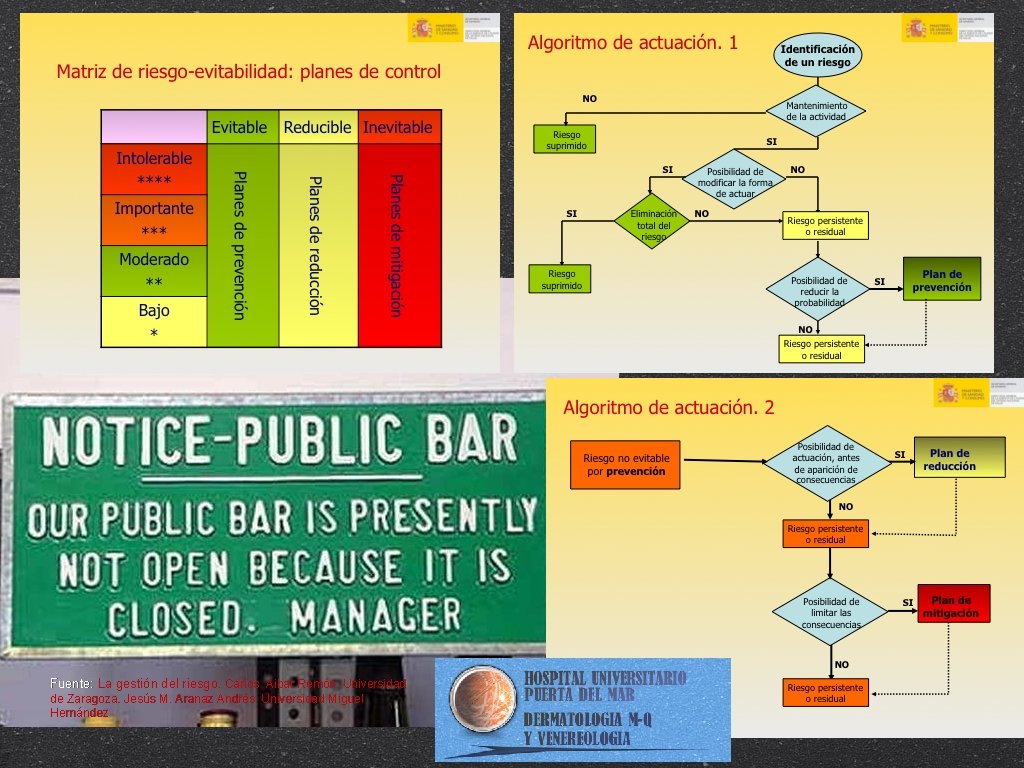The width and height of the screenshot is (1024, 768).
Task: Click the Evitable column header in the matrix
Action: coord(240,128)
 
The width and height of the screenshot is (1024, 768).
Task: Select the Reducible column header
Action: coord(317,128)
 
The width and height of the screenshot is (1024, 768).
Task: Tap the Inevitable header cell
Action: coord(398,128)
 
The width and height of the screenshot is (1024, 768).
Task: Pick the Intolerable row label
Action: coord(154,169)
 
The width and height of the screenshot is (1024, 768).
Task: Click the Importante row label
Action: coord(154,220)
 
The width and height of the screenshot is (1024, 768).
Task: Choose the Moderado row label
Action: coord(153,270)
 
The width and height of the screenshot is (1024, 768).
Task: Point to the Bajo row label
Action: coord(154,321)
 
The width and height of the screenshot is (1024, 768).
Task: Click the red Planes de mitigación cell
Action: coord(398,246)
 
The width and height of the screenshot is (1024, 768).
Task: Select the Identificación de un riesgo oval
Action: coord(817,55)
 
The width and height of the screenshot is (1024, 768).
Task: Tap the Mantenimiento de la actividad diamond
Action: coord(816,111)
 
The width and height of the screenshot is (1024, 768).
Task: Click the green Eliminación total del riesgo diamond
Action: coord(653,225)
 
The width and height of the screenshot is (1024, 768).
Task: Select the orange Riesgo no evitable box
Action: coord(625,464)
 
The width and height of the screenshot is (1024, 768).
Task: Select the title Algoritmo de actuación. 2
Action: coord(668,407)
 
